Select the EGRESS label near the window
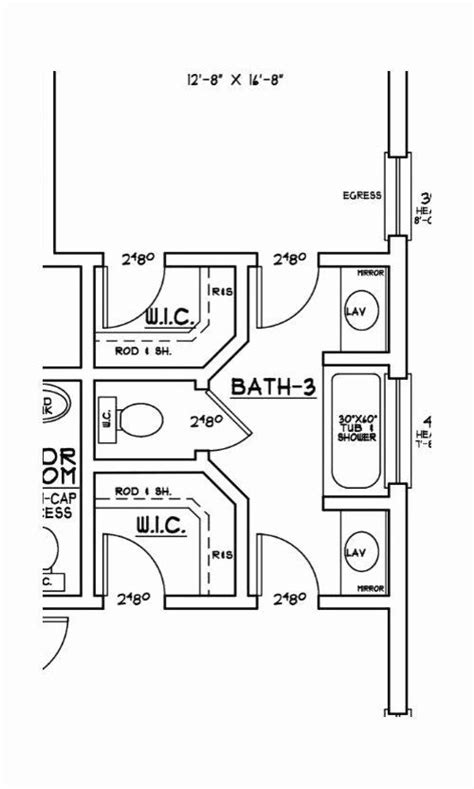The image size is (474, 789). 362,196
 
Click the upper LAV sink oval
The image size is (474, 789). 356,311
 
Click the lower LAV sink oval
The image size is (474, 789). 356,550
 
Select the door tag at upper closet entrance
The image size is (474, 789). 136,259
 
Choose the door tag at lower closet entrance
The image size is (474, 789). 135,599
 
